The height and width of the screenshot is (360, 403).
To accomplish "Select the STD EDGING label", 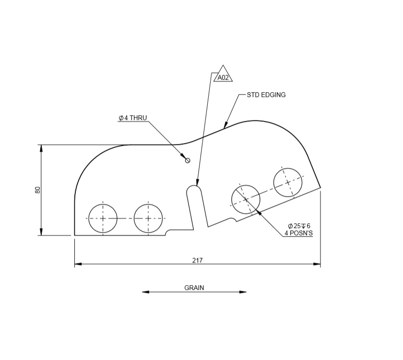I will click(x=266, y=95).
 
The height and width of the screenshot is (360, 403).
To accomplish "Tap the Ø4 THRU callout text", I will click(x=133, y=118).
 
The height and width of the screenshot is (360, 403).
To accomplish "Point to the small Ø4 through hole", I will click(x=188, y=160).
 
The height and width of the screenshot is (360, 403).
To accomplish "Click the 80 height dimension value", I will click(x=38, y=190).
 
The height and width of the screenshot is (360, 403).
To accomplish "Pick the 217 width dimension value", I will click(x=197, y=260).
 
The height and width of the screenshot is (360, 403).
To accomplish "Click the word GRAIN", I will click(x=194, y=288).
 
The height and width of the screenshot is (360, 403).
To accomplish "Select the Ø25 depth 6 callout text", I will click(x=299, y=226).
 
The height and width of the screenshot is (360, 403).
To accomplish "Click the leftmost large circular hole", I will click(x=103, y=218).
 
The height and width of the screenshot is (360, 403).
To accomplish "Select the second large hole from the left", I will click(x=148, y=218).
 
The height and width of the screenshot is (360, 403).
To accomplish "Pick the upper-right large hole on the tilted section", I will click(x=288, y=182).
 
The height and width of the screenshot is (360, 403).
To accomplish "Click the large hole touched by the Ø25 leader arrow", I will click(x=246, y=198).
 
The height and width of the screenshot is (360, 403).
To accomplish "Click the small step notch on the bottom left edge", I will click(x=167, y=233).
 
